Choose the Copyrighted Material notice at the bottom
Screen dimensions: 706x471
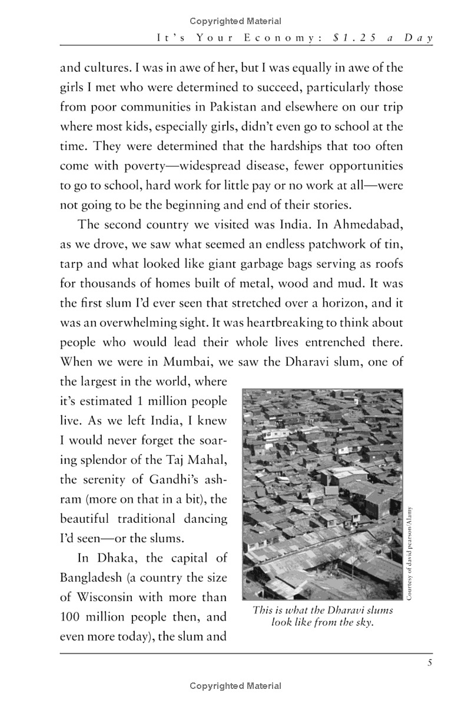(x=235, y=686)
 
